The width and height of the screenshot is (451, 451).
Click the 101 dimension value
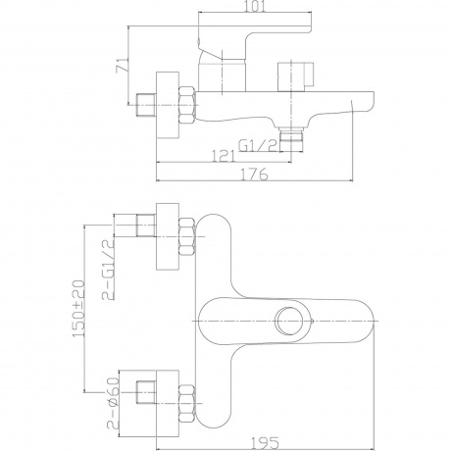[x=255, y=6]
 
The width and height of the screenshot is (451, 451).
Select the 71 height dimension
[x=122, y=65]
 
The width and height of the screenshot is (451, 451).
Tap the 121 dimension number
[x=224, y=156]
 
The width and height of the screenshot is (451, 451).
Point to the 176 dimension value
[x=254, y=175]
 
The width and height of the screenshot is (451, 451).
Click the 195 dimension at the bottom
[x=266, y=443]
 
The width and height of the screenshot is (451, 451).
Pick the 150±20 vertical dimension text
[x=78, y=308]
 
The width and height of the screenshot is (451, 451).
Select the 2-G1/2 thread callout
[x=109, y=270]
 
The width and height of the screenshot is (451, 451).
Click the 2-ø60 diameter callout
[x=113, y=403]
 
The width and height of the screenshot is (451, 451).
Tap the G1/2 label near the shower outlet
[x=258, y=145]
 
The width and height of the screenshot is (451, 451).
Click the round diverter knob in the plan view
[x=289, y=321]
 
